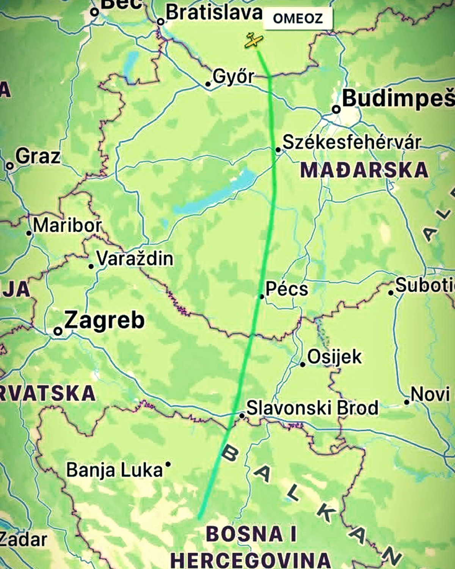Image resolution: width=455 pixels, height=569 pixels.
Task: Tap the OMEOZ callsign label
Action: pyautogui.click(x=298, y=18)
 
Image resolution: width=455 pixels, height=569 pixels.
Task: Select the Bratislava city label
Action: pyautogui.click(x=214, y=13)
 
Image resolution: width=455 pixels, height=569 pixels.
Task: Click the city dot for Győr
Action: pyautogui.click(x=208, y=84)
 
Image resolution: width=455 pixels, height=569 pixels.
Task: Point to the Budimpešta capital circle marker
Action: pyautogui.click(x=336, y=109)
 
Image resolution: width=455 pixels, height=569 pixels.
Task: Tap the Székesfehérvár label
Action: pyautogui.click(x=351, y=142)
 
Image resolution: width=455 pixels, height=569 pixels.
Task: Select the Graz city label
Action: pyautogui.click(x=38, y=156)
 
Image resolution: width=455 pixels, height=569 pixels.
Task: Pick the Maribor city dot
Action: pyautogui.click(x=29, y=233)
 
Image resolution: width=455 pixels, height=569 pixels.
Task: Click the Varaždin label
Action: pyautogui.click(x=135, y=259)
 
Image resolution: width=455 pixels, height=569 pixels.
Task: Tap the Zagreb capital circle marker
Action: pyautogui.click(x=58, y=331)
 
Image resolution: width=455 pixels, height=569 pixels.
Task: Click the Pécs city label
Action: pyautogui.click(x=287, y=289)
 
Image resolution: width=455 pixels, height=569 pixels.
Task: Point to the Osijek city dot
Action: pyautogui.click(x=303, y=364)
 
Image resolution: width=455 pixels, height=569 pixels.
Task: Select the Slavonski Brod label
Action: pyautogui.click(x=312, y=408)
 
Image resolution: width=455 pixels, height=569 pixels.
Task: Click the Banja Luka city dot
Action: pyautogui.click(x=168, y=464)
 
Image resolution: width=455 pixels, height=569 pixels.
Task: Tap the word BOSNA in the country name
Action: pyautogui.click(x=245, y=534)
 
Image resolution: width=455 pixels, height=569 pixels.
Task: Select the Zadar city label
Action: pyautogui.click(x=24, y=539)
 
